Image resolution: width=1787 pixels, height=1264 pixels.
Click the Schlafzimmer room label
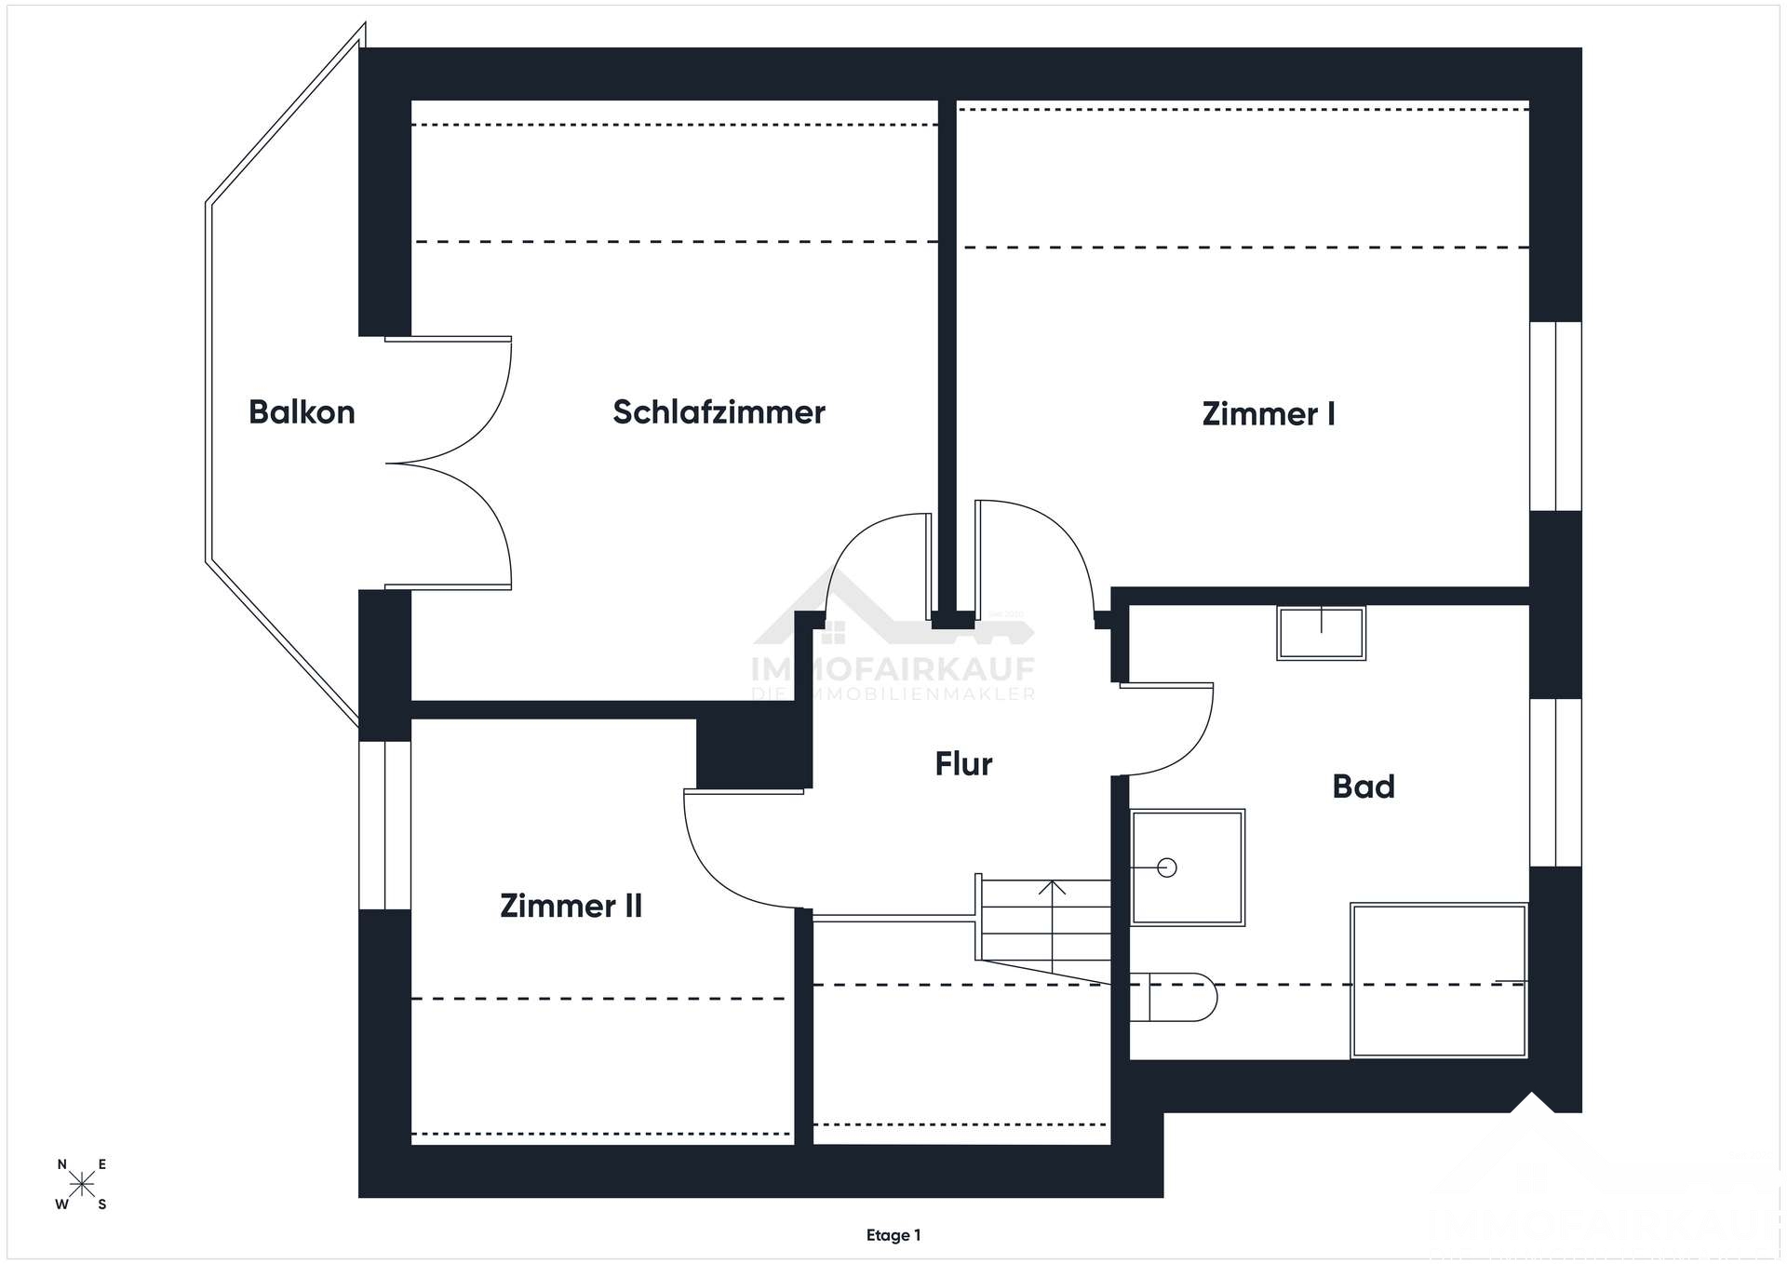(719, 412)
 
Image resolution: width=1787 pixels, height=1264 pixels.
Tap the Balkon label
(302, 412)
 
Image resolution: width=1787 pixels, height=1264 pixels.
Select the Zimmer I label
(1269, 414)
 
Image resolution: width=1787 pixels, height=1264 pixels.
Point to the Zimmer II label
(571, 906)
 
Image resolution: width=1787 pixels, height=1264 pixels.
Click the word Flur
(963, 764)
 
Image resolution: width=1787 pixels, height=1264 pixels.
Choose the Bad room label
(1364, 787)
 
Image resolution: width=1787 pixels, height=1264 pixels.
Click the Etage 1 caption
(893, 1235)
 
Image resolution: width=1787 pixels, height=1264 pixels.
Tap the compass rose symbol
(82, 1184)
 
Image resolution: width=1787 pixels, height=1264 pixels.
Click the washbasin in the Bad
(1321, 633)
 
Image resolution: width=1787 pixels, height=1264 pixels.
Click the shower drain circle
(1167, 867)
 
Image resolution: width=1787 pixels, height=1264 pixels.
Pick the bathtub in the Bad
(1438, 980)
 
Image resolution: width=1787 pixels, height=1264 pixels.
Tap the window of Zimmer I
(1555, 416)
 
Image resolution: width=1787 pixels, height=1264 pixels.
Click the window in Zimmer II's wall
(384, 825)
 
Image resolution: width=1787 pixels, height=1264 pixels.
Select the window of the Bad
(1555, 782)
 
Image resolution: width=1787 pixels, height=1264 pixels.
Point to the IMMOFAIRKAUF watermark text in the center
(893, 668)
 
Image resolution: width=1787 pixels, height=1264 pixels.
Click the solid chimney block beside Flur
(753, 752)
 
